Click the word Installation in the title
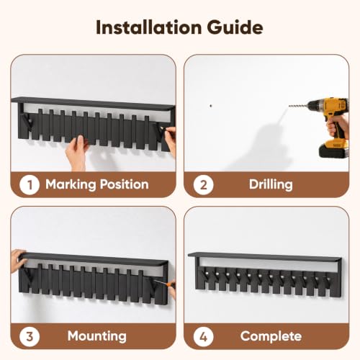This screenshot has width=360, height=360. coord(148,27)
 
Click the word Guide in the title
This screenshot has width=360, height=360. coord(235,27)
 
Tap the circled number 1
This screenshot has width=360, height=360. coord(30,185)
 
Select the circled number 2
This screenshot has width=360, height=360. coord(204,185)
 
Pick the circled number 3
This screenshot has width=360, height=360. coord(30,336)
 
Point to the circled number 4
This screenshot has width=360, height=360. coord(204,336)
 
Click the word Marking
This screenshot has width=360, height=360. coord(71,185)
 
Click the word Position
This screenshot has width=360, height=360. coord(125,184)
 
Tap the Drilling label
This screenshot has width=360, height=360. coord(271,185)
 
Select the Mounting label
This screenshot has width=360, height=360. coord(97,336)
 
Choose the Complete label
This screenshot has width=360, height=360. coord(271,336)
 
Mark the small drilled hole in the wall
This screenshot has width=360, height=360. coord(211,106)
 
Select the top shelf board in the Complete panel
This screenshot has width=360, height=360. coord(264,257)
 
